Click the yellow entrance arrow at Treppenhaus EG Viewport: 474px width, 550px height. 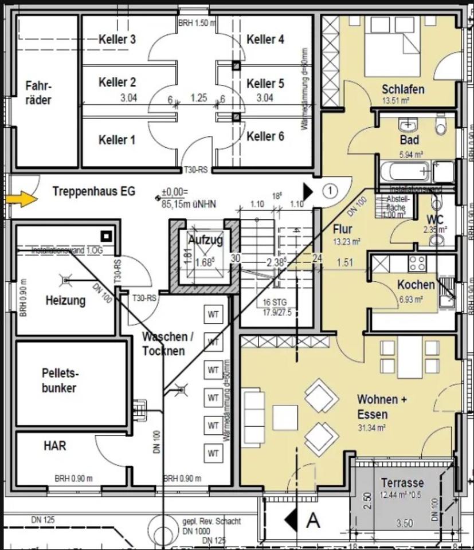point(22,199)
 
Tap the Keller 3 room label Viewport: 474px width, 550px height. point(117,40)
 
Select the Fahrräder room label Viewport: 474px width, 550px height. point(38,93)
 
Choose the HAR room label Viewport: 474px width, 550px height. point(54,445)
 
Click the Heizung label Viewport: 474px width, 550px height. point(66,300)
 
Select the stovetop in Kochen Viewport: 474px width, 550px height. point(417,263)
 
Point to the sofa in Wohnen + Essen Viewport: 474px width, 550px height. point(253,414)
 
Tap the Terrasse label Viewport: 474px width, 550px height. point(402,483)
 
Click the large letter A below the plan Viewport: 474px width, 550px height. point(313,520)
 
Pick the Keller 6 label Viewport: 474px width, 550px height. point(265,136)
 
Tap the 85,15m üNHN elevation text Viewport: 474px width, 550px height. point(189,202)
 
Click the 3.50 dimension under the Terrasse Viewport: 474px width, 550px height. point(405,523)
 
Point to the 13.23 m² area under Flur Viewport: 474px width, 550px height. point(346,242)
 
